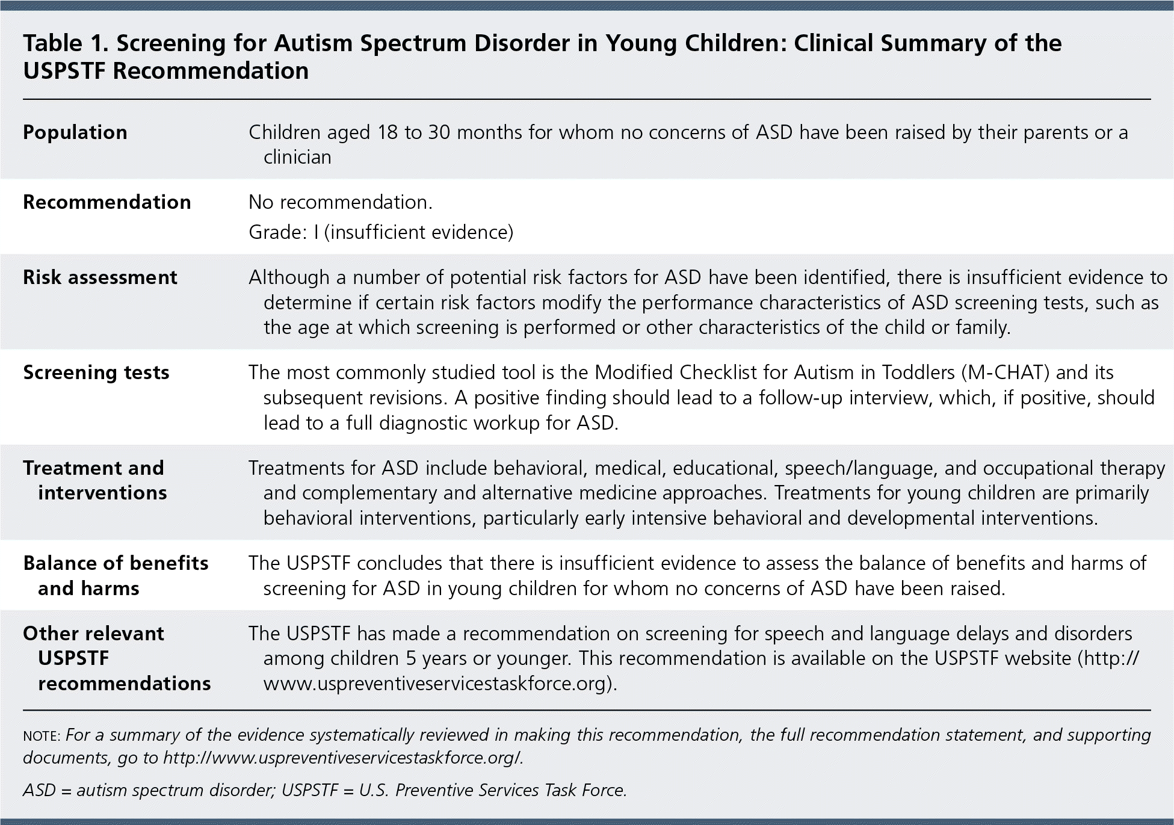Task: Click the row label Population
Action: coord(75,132)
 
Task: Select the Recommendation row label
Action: coord(107,202)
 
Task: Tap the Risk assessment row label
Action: coord(100,277)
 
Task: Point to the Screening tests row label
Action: coord(96,372)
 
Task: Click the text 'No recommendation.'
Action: coord(341,202)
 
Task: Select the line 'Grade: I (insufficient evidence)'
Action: coord(381,232)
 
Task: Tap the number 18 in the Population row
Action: coord(388,132)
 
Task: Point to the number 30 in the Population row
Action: coord(439,132)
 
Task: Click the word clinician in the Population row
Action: coord(297,158)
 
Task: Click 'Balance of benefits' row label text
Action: coord(116,563)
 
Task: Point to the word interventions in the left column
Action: coord(102,493)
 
